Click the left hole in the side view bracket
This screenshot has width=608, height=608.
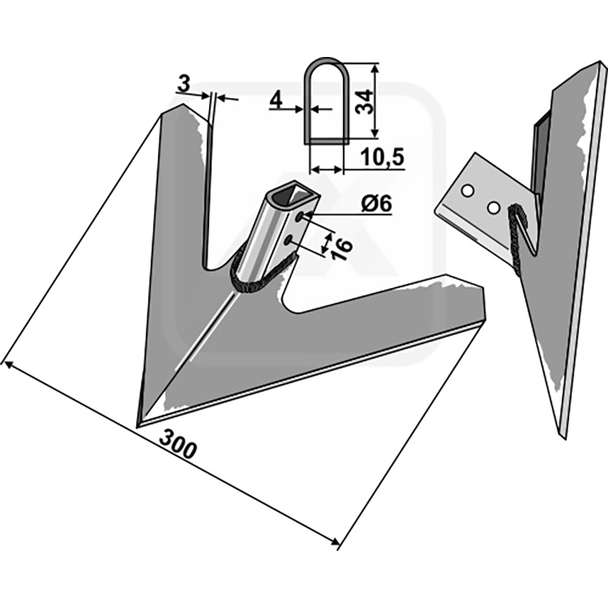click(470, 188)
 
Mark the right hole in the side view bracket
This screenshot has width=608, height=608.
click(493, 206)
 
